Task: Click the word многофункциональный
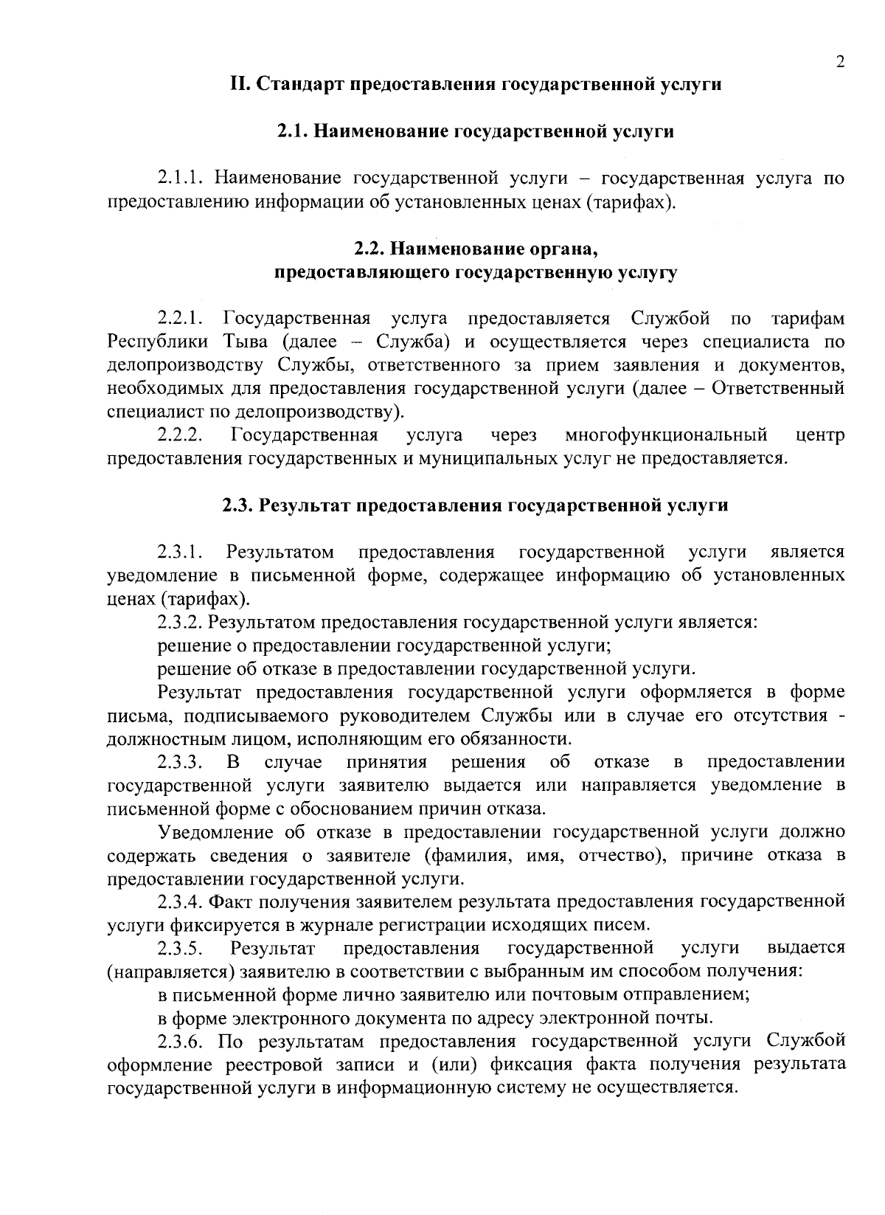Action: pyautogui.click(x=666, y=435)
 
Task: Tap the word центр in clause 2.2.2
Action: pyautogui.click(x=820, y=435)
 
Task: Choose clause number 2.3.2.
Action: pyautogui.click(x=180, y=622)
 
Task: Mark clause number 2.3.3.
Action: pyautogui.click(x=180, y=762)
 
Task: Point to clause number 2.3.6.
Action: pyautogui.click(x=180, y=1041)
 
